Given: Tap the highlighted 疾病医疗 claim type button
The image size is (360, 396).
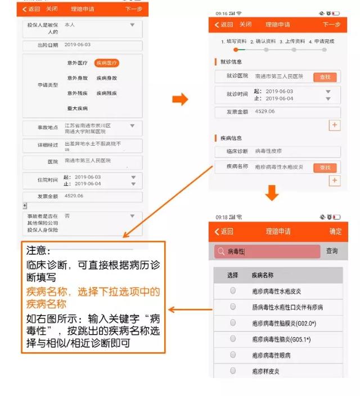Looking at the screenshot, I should point(107,64).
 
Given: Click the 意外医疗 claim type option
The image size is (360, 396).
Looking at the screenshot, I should point(78,64).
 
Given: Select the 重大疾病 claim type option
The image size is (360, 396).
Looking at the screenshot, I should point(78,108).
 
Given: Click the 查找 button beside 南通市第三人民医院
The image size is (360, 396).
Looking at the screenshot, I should point(325,77).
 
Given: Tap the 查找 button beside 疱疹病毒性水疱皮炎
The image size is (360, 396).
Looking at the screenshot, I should point(325,168).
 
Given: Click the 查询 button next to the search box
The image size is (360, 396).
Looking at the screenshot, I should point(332,251).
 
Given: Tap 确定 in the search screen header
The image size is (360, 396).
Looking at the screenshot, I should point(335,232).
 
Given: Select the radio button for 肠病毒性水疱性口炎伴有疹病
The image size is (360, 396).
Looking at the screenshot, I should point(233,307).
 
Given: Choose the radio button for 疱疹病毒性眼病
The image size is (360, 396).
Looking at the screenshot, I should point(233,355).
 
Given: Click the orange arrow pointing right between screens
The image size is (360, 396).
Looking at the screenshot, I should point(179,100).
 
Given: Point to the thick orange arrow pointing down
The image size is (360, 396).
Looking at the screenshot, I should point(272,193).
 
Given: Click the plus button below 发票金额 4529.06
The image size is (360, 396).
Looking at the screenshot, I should point(335,125).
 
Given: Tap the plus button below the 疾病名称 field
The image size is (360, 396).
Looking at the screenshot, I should point(335,181).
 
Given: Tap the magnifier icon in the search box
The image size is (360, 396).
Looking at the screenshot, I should point(220,252).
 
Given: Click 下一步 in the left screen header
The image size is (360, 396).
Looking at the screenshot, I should point(134,10).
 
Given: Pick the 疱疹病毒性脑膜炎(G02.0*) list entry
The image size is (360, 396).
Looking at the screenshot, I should point(284,323).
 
